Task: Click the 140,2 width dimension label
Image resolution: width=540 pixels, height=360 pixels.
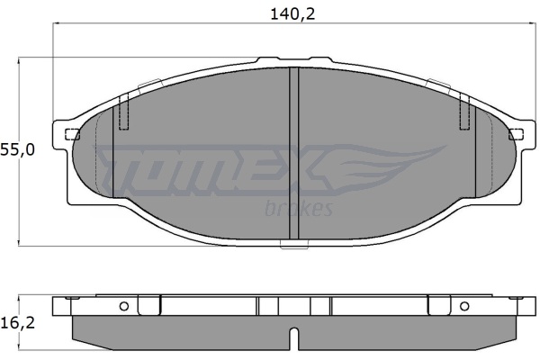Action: pos(292,14)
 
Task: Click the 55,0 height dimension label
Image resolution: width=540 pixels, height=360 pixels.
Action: pos(18,150)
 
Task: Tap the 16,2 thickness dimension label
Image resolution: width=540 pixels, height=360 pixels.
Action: pos(18,323)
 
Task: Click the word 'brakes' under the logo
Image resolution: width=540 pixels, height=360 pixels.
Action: pos(299,208)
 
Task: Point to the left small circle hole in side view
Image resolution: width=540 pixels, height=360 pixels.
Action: pos(124,306)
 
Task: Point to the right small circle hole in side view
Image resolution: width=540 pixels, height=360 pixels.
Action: pos(464,306)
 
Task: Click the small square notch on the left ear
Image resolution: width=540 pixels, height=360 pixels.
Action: pos(72,134)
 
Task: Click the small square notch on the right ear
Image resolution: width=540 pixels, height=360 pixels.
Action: pos(516,134)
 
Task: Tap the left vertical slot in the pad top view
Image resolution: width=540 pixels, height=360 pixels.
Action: pos(123,112)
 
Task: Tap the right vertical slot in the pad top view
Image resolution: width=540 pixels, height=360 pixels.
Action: pos(465,112)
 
